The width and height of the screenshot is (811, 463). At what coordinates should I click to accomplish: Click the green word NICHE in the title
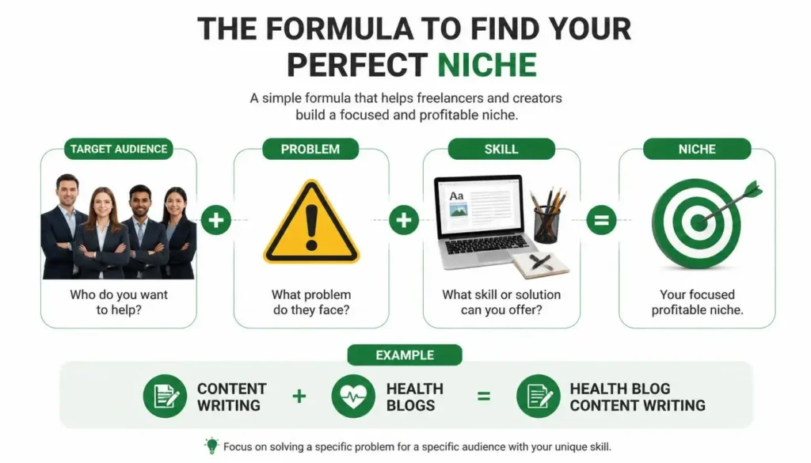click(x=487, y=65)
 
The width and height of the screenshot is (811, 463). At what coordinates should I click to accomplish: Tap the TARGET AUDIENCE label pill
click(x=119, y=149)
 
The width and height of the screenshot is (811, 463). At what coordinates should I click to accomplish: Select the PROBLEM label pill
click(x=310, y=149)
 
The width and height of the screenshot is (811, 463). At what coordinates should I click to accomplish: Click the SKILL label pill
click(x=501, y=149)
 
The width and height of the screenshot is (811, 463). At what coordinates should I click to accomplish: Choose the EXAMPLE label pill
click(x=405, y=355)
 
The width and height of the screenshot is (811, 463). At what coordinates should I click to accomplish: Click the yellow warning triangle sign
click(x=311, y=222)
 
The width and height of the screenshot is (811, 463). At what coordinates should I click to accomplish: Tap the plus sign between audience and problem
click(x=216, y=219)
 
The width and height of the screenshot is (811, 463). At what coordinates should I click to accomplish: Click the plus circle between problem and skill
click(x=404, y=219)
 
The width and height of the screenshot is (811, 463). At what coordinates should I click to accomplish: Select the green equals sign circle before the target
click(x=602, y=219)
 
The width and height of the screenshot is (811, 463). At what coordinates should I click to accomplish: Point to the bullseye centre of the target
click(x=698, y=223)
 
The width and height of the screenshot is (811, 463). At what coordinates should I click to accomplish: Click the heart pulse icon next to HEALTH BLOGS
click(x=353, y=397)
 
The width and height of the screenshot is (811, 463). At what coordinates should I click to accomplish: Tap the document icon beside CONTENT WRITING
click(x=165, y=397)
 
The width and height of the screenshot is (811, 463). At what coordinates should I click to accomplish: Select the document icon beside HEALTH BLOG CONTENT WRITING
click(x=539, y=397)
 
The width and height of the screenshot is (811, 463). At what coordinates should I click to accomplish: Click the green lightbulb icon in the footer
click(x=211, y=446)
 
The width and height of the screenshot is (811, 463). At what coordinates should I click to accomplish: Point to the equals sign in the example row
click(x=484, y=397)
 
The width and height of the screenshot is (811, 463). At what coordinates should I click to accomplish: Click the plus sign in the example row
click(x=299, y=397)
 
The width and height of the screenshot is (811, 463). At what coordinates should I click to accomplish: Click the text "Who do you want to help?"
click(x=119, y=302)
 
